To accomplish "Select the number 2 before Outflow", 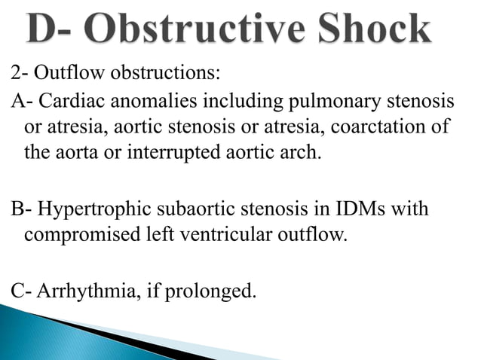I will (x=16, y=75).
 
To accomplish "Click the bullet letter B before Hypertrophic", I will (x=16, y=208).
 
